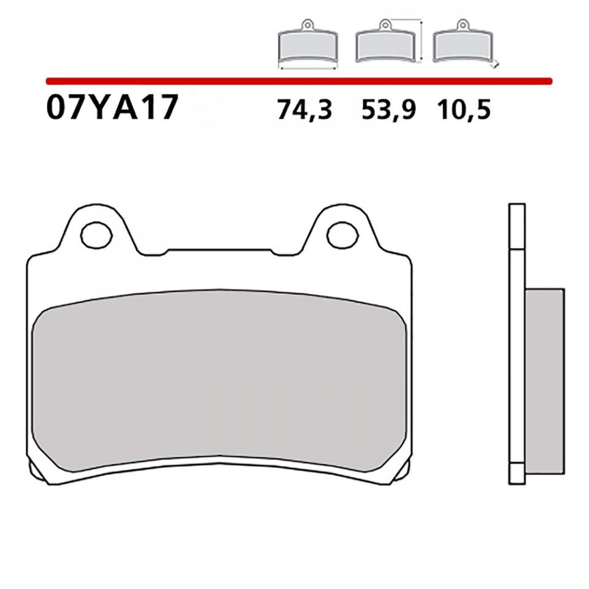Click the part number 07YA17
point(112,109)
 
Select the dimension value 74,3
point(304,110)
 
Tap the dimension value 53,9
point(389,110)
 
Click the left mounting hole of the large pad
point(95,234)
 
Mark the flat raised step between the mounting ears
point(219,251)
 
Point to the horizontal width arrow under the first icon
point(307,69)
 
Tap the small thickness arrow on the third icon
point(496,63)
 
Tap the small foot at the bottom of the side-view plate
point(517,475)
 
